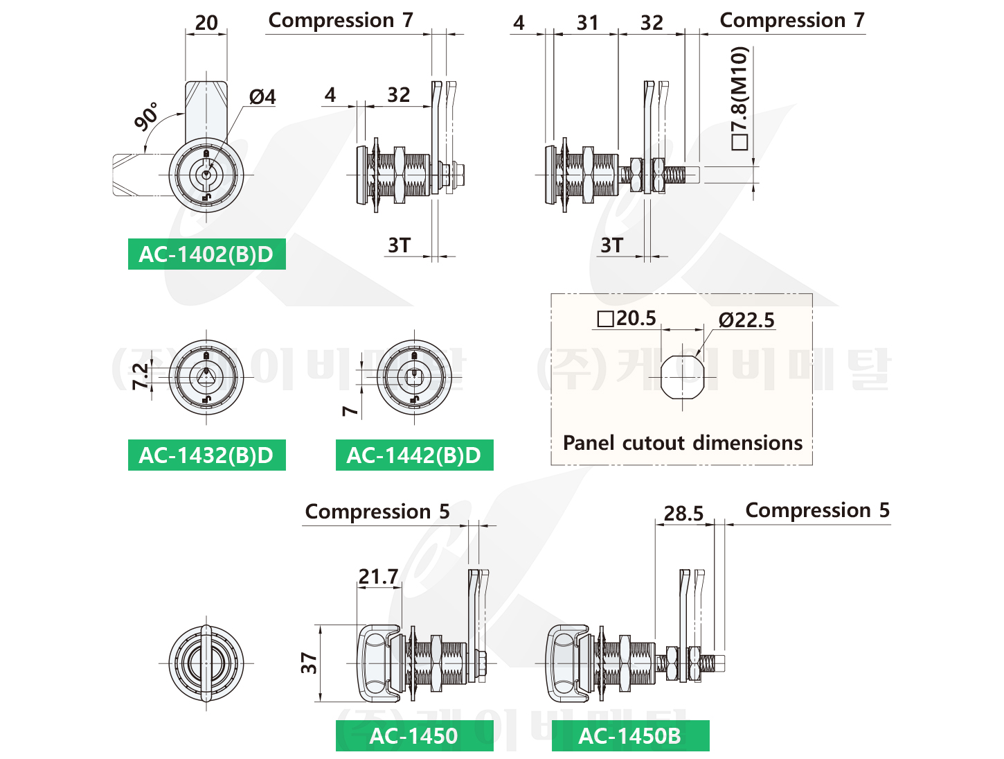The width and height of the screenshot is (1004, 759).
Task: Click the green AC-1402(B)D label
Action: [x=206, y=254]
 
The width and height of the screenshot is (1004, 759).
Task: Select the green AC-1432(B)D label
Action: [x=206, y=455]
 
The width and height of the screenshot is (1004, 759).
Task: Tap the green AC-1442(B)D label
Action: [x=414, y=455]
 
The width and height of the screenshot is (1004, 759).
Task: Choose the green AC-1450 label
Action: [x=414, y=735]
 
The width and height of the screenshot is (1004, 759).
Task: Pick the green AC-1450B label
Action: [x=630, y=735]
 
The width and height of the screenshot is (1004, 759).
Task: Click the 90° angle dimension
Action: [x=146, y=116]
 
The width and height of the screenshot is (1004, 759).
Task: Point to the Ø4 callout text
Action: [x=262, y=97]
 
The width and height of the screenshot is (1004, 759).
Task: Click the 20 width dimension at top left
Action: [x=206, y=22]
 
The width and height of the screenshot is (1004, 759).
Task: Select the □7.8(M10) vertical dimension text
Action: [x=739, y=98]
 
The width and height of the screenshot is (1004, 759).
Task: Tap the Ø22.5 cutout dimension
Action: [x=746, y=320]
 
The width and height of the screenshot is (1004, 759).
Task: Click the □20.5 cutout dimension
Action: [x=627, y=318]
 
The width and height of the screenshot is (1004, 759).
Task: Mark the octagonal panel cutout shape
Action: [x=682, y=377]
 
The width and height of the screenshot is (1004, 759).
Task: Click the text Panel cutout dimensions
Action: [x=682, y=443]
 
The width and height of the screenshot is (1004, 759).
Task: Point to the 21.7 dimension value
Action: [x=378, y=576]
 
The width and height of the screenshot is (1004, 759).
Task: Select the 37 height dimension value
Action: [x=310, y=663]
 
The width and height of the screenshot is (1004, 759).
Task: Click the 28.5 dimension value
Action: [x=683, y=514]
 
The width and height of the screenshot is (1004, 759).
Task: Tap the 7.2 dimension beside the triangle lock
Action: [x=141, y=376]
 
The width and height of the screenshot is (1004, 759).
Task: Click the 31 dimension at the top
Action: [x=587, y=23]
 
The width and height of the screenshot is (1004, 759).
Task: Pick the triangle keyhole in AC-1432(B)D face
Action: [x=206, y=377]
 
